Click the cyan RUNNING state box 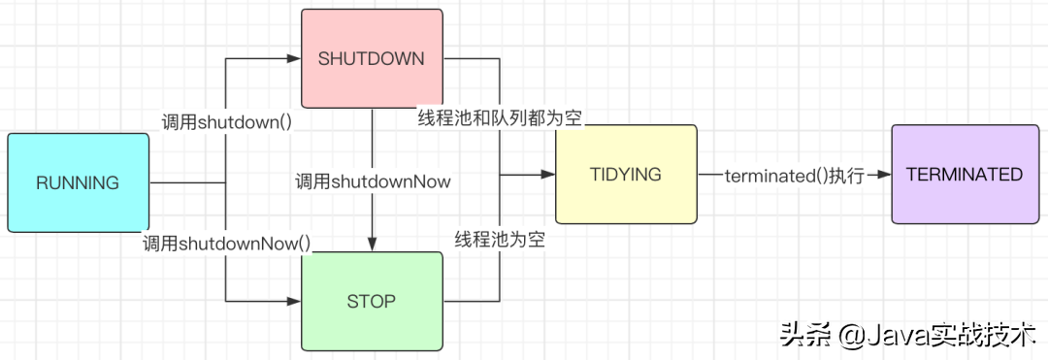pos(78,182)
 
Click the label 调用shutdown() pos(227,122)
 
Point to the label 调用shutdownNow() pos(227,244)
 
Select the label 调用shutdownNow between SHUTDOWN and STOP pos(373,180)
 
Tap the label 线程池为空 pos(501,240)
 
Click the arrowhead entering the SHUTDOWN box pos(293,58)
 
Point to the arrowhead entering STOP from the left pos(294,302)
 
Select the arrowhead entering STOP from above pos(373,245)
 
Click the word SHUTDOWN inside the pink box pos(372,58)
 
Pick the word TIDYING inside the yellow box pos(626,175)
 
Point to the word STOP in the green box pos(372,301)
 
